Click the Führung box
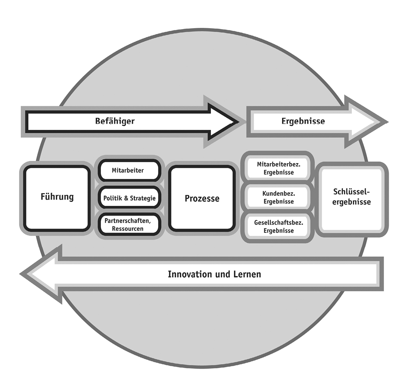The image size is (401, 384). [x=56, y=198]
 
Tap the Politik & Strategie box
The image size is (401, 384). [x=129, y=198]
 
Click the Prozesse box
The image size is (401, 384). [x=202, y=198]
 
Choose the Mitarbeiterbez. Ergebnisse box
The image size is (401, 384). [x=278, y=168]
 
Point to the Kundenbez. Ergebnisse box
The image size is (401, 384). [x=278, y=197]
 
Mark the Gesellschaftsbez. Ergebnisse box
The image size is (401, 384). [x=278, y=226]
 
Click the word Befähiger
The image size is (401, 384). [x=115, y=121]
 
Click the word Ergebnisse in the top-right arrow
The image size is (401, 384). [x=303, y=121]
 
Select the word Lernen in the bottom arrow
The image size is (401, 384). [x=248, y=274]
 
